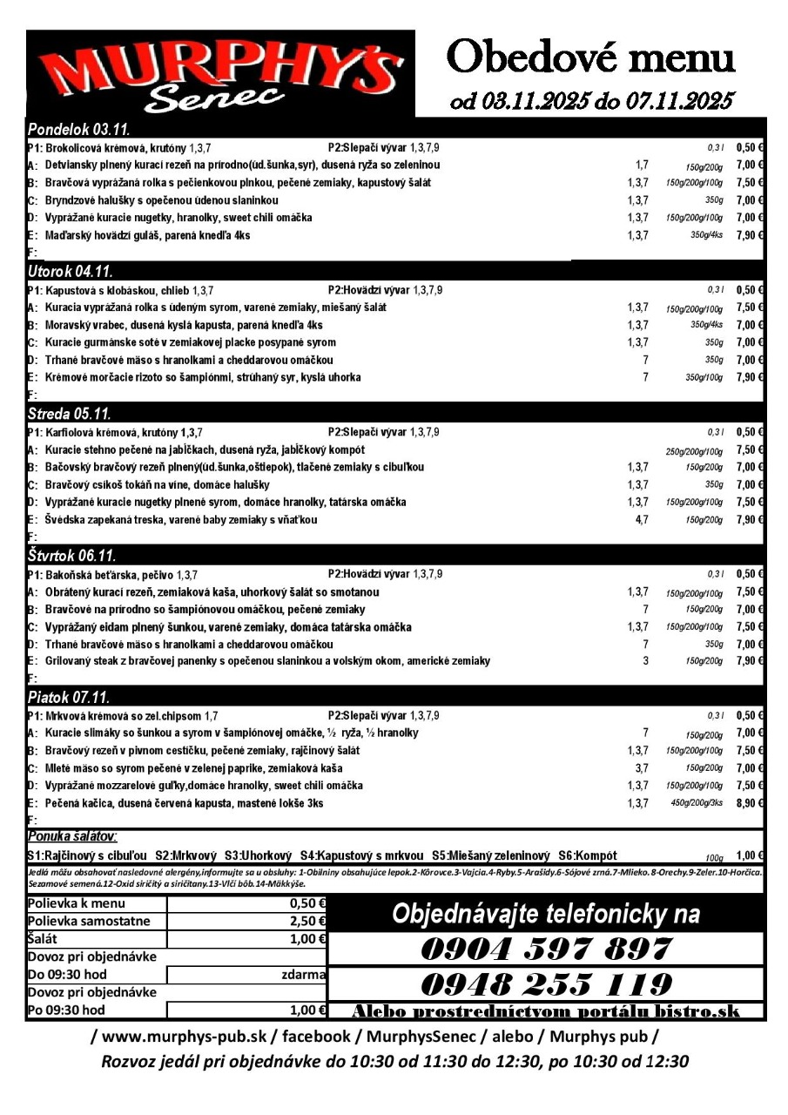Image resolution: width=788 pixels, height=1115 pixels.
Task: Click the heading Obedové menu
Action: tap(591, 57)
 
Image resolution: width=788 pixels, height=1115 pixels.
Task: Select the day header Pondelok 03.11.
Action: tap(79, 130)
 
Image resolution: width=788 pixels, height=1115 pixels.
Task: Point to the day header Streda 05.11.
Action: tap(70, 413)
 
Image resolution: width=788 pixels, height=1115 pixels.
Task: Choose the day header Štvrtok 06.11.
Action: tap(72, 555)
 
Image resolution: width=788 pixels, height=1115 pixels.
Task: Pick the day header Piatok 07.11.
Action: tap(69, 697)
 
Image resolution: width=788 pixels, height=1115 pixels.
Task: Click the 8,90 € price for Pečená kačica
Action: tap(749, 803)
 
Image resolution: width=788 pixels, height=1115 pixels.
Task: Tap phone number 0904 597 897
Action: tap(546, 949)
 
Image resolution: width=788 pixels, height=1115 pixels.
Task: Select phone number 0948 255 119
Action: tap(546, 984)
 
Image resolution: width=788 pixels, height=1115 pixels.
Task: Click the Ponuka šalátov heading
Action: tap(72, 836)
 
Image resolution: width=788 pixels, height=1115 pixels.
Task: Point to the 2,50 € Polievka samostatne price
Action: tap(306, 921)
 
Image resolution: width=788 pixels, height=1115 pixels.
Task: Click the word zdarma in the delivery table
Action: tap(304, 974)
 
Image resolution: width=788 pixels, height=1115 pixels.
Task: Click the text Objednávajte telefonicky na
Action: tap(546, 914)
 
